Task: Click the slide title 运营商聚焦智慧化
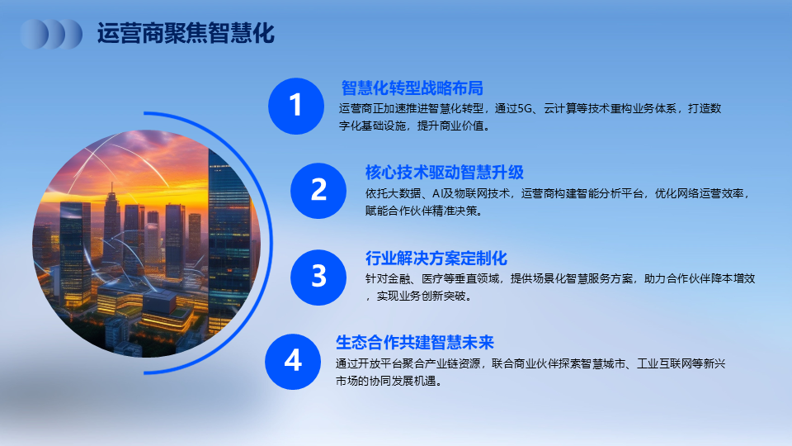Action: pos(186,33)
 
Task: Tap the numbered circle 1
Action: pos(296,107)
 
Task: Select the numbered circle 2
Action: pos(318,191)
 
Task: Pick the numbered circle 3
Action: pos(318,278)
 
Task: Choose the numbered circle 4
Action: pos(293,362)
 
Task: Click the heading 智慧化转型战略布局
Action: pos(412,88)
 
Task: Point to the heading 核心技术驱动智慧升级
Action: pos(445,173)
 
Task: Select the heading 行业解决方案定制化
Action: pos(436,259)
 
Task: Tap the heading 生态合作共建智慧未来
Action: pos(415,342)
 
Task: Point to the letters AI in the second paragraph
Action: pos(437,193)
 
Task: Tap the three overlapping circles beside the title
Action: pos(51,34)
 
